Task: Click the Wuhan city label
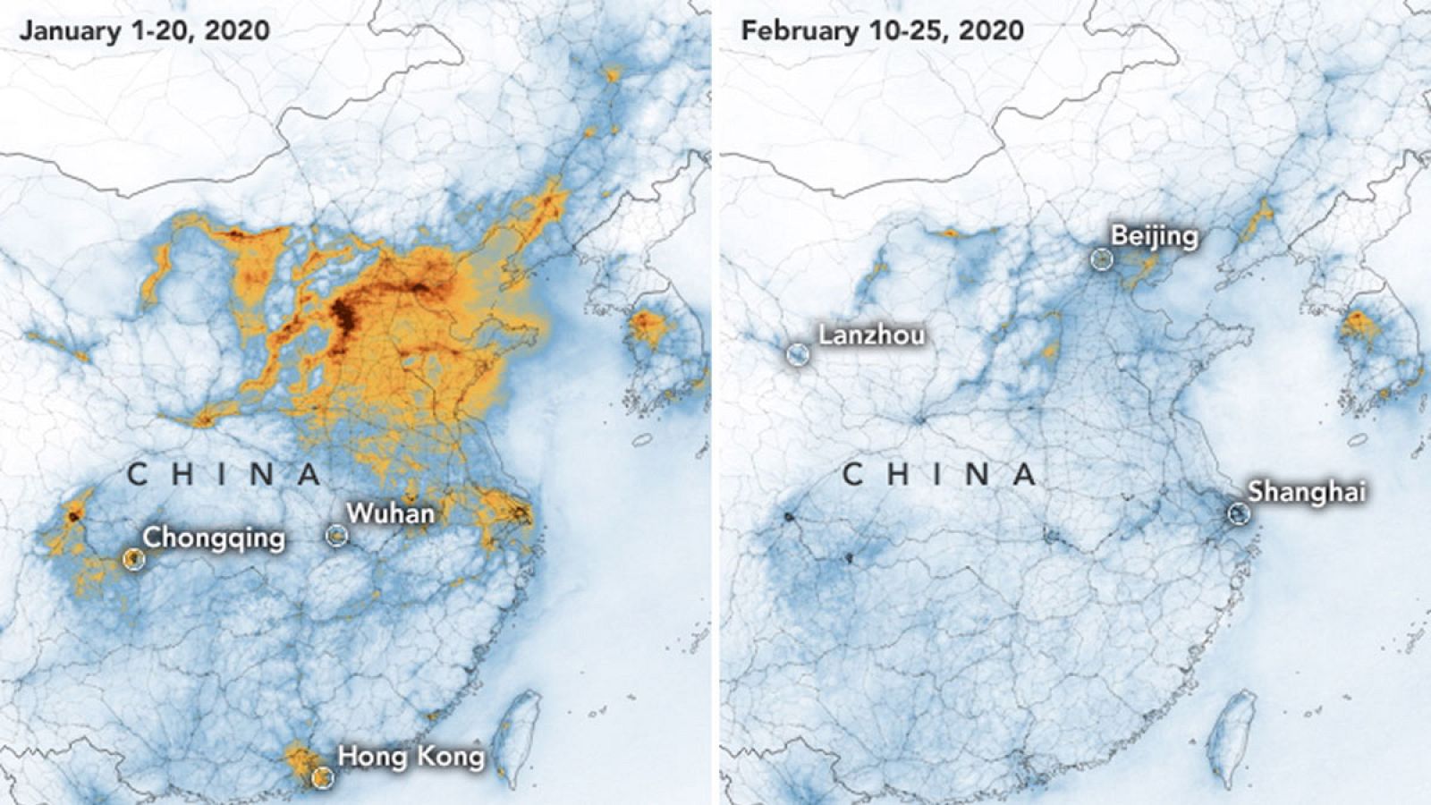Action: tap(390, 513)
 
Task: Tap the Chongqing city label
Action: tap(214, 538)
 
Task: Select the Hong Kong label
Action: tap(411, 757)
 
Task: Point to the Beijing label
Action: tap(1154, 236)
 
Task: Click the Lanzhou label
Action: tap(871, 335)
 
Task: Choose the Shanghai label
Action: tap(1307, 491)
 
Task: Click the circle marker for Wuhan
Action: tap(336, 535)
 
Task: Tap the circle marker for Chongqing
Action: tap(133, 559)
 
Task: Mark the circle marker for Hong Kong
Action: tap(322, 777)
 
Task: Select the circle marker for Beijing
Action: tap(1102, 259)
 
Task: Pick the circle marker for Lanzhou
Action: tap(797, 354)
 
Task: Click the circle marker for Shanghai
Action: tap(1238, 513)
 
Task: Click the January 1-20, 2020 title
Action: tap(144, 30)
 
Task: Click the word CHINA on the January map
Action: tap(224, 474)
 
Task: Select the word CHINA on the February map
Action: tap(940, 474)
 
